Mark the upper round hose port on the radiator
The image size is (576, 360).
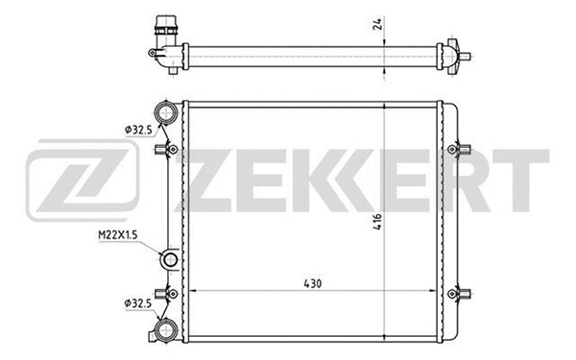click(165, 113)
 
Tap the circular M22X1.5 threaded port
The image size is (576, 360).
click(169, 259)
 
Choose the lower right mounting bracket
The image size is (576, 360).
click(463, 292)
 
